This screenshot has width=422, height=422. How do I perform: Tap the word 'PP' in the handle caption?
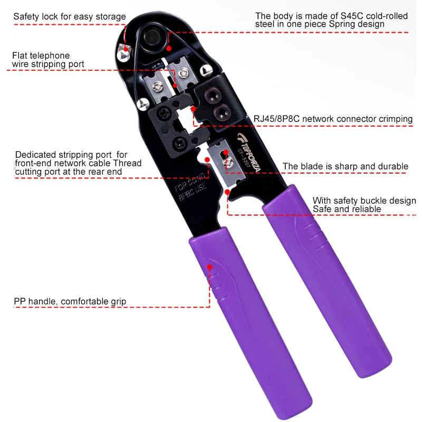pyautogui.click(x=20, y=302)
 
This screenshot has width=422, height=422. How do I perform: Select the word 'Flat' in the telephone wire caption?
pyautogui.click(x=21, y=55)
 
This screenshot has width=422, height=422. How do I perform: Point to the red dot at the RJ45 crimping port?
pyautogui.click(x=194, y=109)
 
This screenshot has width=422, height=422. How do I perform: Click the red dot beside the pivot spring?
pyautogui.click(x=170, y=47)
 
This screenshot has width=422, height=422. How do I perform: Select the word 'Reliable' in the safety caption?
pyautogui.click(x=365, y=209)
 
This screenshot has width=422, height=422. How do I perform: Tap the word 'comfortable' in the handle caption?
pyautogui.click(x=84, y=302)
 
